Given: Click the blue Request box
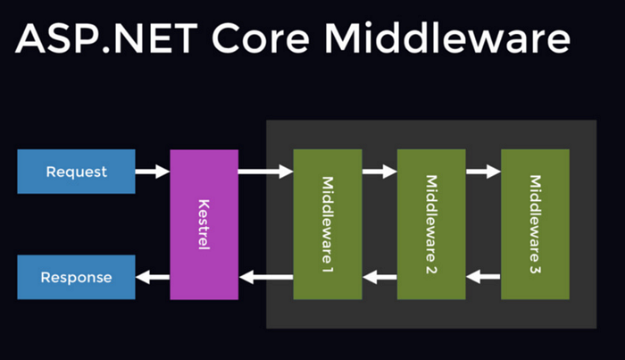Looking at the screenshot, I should pyautogui.click(x=76, y=172).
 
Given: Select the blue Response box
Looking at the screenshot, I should pyautogui.click(x=76, y=277).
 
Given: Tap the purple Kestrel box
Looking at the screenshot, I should pyautogui.click(x=204, y=224).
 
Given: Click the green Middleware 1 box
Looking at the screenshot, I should pyautogui.click(x=327, y=224).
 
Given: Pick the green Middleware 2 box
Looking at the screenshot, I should pyautogui.click(x=431, y=224).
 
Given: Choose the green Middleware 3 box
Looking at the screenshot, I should pyautogui.click(x=535, y=224).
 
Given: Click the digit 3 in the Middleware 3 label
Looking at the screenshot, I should pyautogui.click(x=536, y=267).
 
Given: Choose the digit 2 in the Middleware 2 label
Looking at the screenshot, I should pyautogui.click(x=432, y=267).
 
